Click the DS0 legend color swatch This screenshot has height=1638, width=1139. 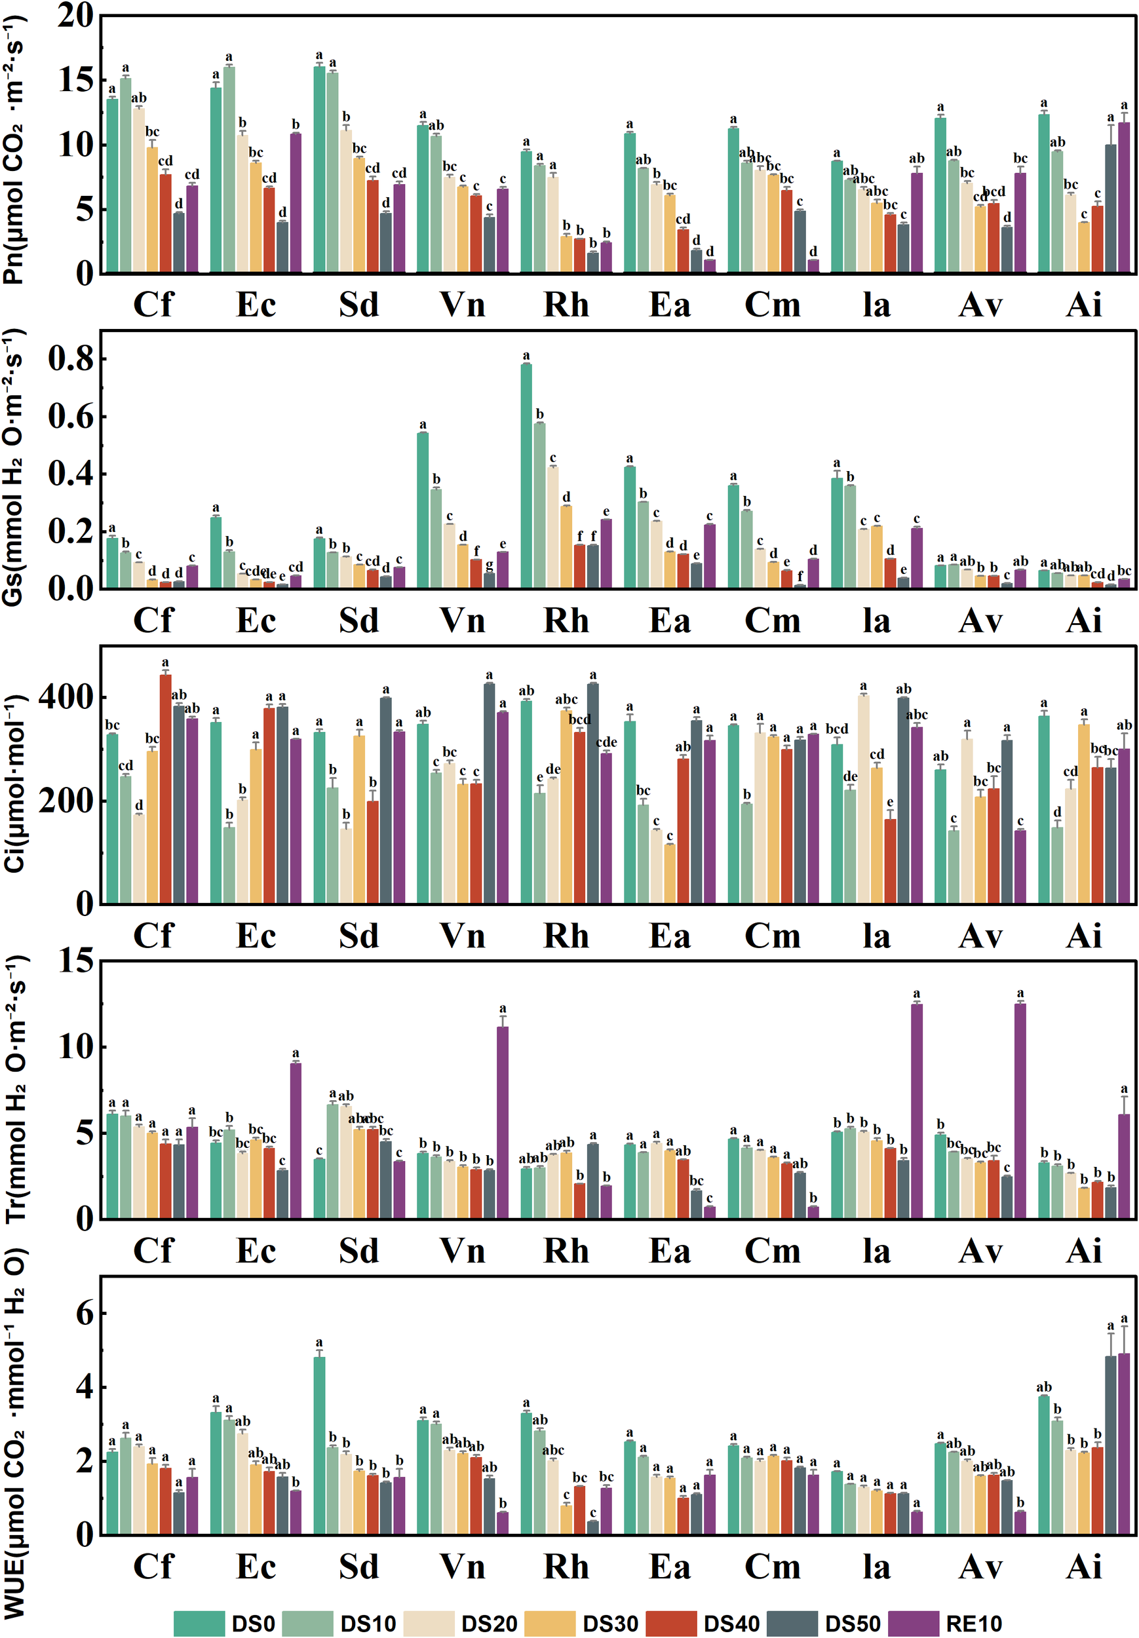click(x=199, y=1622)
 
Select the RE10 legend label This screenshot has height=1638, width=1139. click(x=973, y=1623)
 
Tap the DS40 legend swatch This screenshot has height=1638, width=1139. click(x=670, y=1622)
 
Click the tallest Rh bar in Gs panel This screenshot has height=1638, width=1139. click(x=526, y=476)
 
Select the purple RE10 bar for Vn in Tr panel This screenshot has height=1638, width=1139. click(x=503, y=1122)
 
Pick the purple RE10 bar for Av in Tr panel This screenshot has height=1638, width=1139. click(x=1020, y=1110)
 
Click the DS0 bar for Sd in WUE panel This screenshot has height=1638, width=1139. click(x=319, y=1445)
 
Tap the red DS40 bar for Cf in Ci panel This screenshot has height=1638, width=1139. click(x=166, y=789)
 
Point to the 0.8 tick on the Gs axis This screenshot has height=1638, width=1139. click(x=71, y=359)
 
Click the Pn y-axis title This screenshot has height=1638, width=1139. click(x=14, y=150)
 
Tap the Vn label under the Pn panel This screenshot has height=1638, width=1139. click(x=463, y=305)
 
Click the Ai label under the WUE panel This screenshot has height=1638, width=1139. click(x=1083, y=1567)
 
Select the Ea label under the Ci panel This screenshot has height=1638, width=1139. click(x=669, y=936)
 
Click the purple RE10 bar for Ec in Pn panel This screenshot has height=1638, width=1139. click(x=296, y=202)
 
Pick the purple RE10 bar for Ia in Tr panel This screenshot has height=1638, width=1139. click(x=916, y=1111)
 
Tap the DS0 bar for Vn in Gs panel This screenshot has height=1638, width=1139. click(x=423, y=510)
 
